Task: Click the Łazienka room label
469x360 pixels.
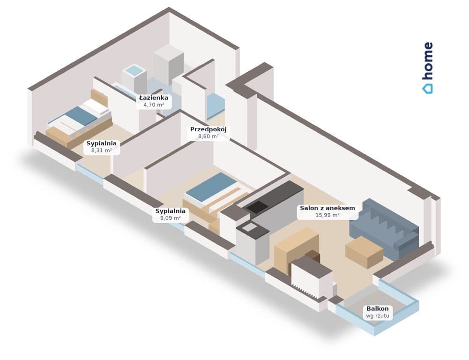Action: pyautogui.click(x=153, y=98)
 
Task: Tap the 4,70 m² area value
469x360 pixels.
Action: pyautogui.click(x=153, y=105)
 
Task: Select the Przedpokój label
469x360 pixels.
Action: pyautogui.click(x=208, y=129)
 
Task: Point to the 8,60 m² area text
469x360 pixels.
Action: pyautogui.click(x=208, y=136)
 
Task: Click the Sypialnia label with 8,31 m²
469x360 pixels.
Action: pyautogui.click(x=101, y=143)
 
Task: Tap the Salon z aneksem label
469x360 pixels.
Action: pyautogui.click(x=328, y=208)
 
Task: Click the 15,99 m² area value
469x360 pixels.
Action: pyautogui.click(x=328, y=215)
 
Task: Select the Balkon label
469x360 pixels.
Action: pyautogui.click(x=378, y=308)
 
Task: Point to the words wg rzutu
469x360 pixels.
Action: pyautogui.click(x=378, y=316)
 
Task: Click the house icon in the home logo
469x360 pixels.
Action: pyautogui.click(x=427, y=89)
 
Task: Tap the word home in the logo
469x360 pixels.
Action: pyautogui.click(x=428, y=61)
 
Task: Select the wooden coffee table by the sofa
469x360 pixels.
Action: pyautogui.click(x=364, y=252)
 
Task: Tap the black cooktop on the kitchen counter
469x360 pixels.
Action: pyautogui.click(x=257, y=206)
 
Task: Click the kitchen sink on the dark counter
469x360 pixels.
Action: pyautogui.click(x=249, y=228)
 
